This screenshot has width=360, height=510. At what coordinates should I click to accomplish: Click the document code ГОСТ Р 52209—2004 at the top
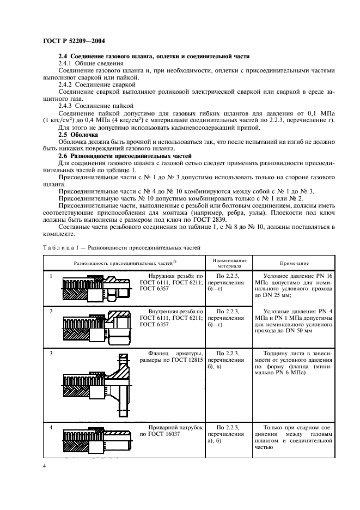(x=70, y=40)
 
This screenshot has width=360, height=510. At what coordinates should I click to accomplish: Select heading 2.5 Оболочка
(x=78, y=133)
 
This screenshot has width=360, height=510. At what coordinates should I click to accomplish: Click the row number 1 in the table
(x=51, y=276)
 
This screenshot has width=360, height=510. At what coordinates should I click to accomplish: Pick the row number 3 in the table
(x=51, y=354)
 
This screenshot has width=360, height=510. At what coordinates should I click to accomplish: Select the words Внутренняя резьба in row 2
(x=163, y=311)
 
